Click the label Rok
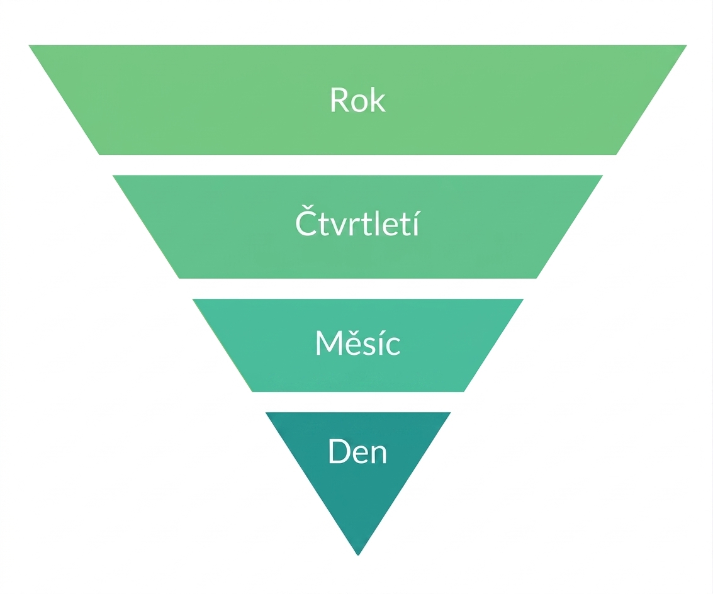[358, 99]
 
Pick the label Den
[357, 451]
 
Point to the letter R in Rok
[339, 99]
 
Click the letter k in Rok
[378, 99]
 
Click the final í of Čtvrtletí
[414, 222]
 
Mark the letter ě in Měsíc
[352, 344]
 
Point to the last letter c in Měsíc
[393, 347]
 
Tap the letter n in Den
[379, 454]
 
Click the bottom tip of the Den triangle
[358, 556]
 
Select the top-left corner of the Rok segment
[29, 45]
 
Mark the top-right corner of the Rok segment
[687, 45]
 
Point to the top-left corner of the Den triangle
[266, 413]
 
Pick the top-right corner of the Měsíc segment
[524, 299]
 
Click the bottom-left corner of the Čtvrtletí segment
[179, 278]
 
